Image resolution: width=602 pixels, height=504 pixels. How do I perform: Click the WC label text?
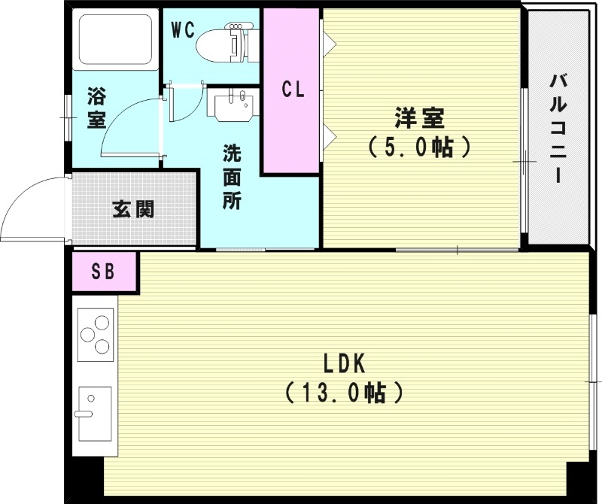click(x=183, y=30)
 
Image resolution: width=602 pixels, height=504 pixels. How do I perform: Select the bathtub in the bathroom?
click(x=115, y=38)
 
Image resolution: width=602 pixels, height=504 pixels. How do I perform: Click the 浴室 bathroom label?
click(x=96, y=108)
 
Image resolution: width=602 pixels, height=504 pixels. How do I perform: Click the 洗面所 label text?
click(x=232, y=178)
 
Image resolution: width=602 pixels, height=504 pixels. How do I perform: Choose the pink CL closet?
click(x=292, y=91)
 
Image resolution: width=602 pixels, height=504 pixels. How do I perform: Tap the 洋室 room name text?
click(x=419, y=119)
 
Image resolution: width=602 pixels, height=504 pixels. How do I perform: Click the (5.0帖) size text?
click(x=419, y=147)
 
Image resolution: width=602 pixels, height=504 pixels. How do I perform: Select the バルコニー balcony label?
click(x=558, y=129)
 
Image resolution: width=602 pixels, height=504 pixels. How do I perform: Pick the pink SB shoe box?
click(x=105, y=272)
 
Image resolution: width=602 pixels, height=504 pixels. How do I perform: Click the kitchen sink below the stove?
click(x=95, y=414)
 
